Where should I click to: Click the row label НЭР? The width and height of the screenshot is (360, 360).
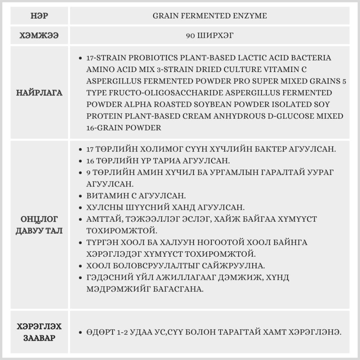(x=39, y=16)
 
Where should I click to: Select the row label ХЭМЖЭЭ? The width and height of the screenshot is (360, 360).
(x=39, y=36)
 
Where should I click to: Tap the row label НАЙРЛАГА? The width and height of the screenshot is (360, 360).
(x=39, y=93)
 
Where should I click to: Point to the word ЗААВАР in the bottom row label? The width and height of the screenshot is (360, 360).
(x=39, y=338)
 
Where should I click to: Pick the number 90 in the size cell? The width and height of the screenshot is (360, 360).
(x=191, y=36)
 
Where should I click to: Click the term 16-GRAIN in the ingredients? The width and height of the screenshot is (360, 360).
(x=102, y=128)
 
